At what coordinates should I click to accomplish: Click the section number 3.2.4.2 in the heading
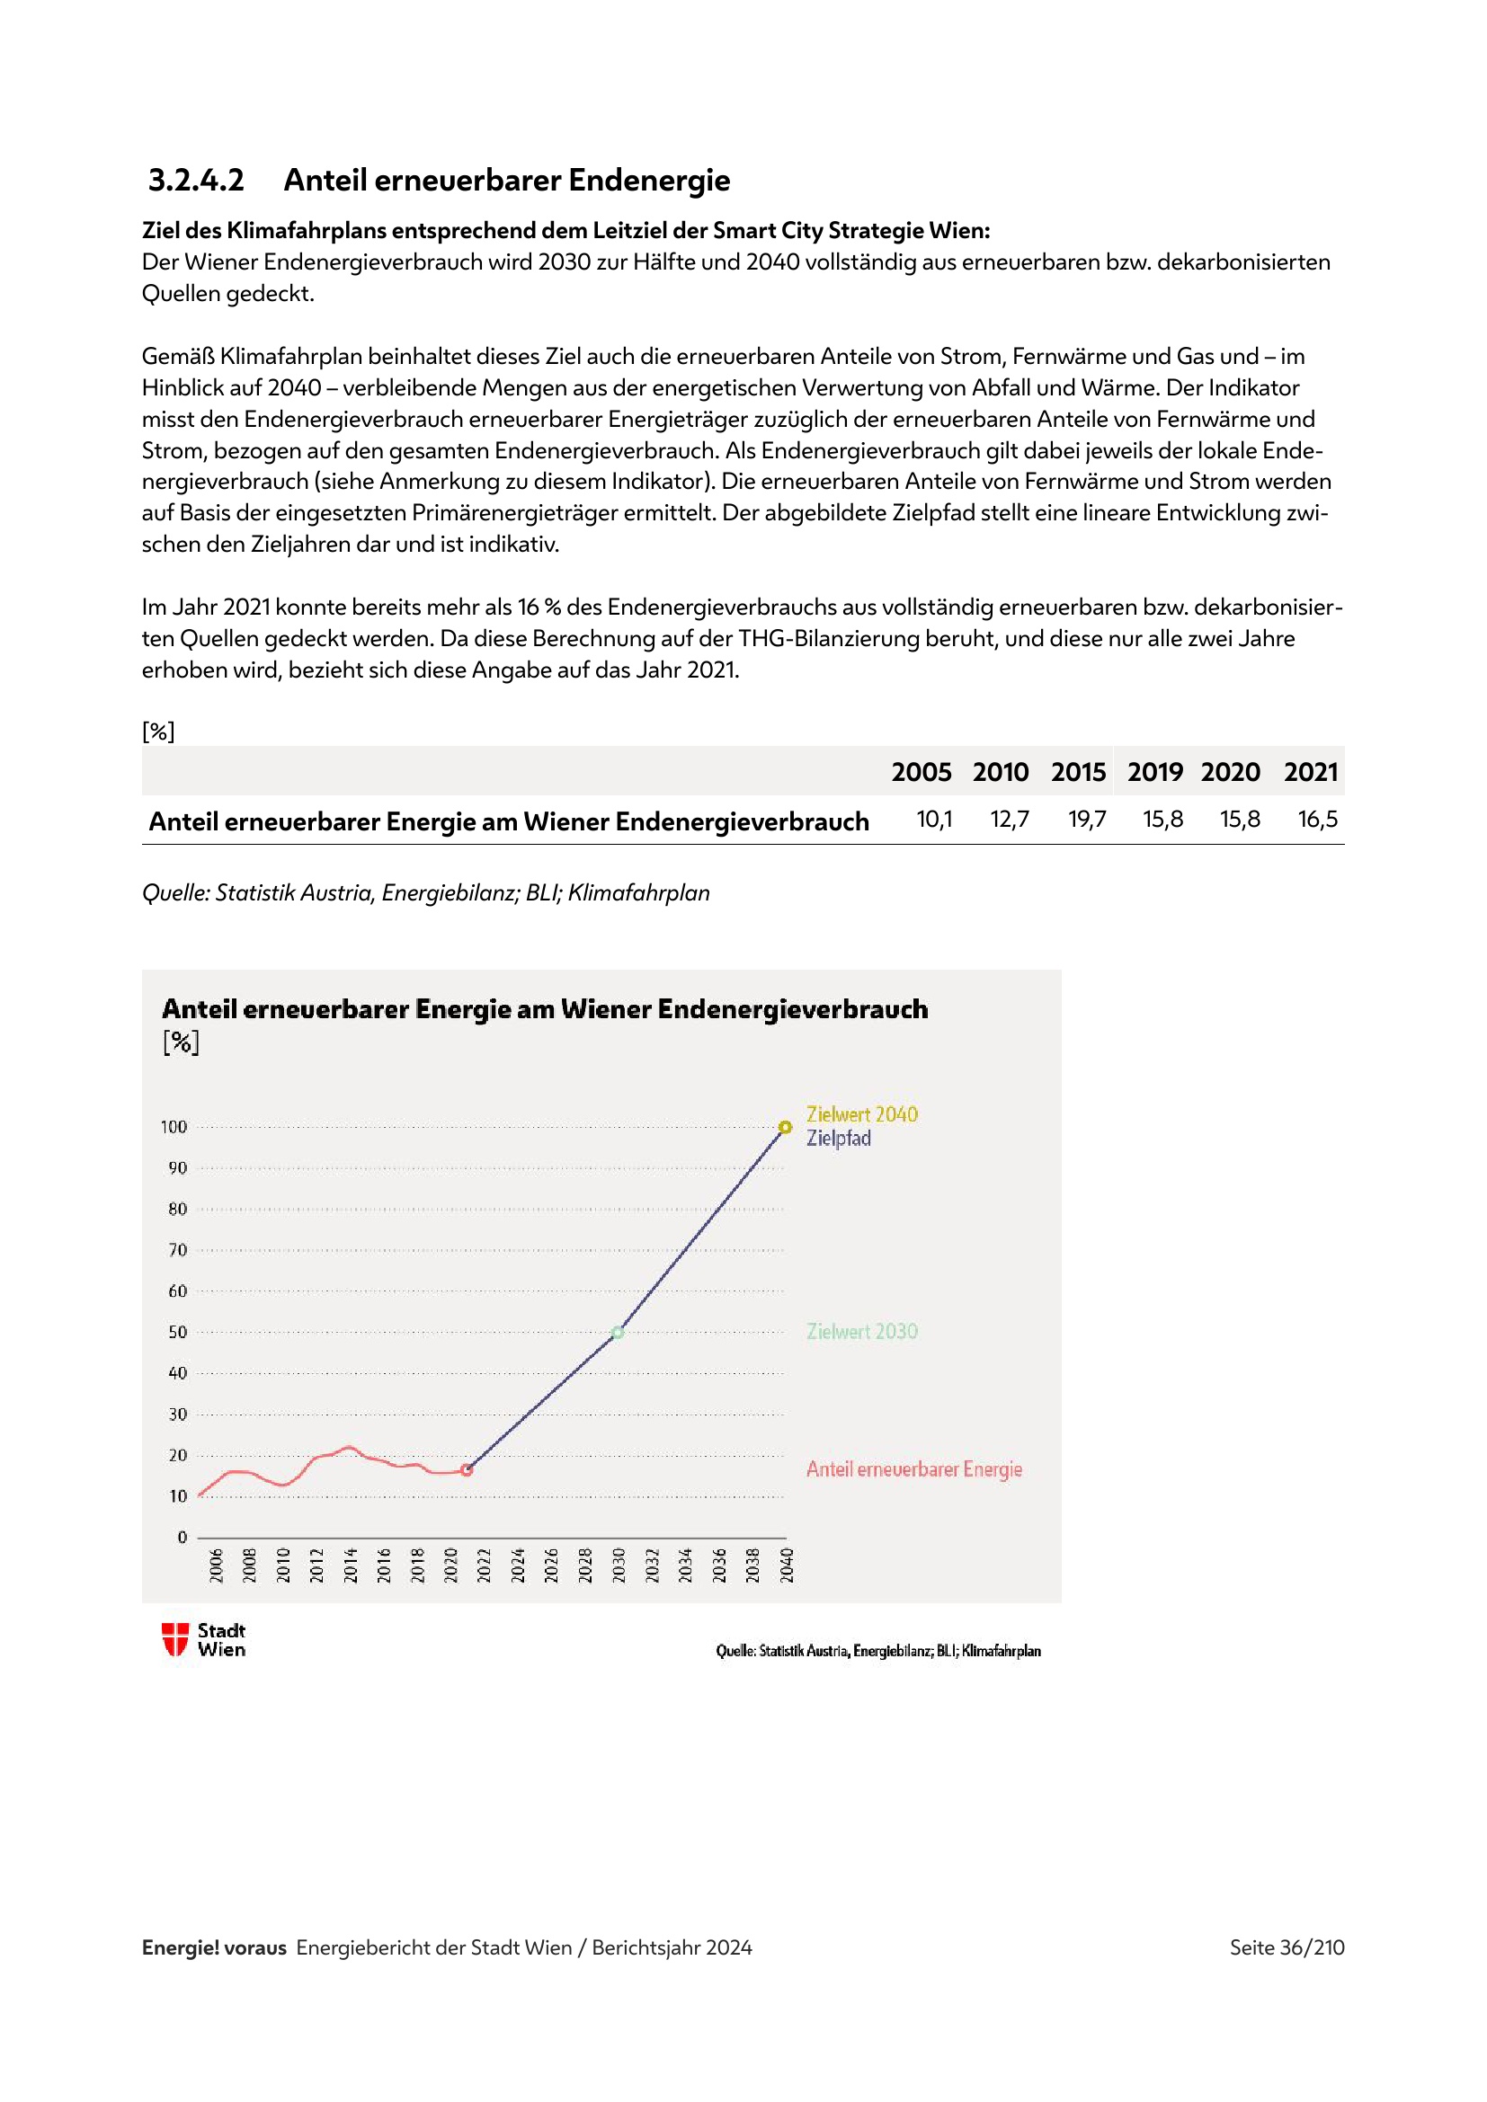coord(196,180)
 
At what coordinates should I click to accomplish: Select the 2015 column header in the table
coord(1078,772)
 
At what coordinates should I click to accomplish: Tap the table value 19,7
coord(1087,819)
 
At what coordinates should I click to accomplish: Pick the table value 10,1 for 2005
coord(934,819)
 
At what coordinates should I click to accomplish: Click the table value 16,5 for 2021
coord(1318,819)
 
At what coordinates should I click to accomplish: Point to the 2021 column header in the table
coord(1310,772)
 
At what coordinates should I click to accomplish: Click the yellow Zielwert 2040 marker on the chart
coord(785,1127)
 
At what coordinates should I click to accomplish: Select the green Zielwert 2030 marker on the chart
coord(618,1332)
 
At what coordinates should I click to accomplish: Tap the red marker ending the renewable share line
coord(467,1469)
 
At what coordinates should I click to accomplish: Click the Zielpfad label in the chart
coord(838,1138)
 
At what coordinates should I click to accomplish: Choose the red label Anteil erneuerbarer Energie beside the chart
coord(913,1468)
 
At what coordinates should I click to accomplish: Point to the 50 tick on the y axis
coord(178,1332)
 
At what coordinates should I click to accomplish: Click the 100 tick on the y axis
coord(174,1127)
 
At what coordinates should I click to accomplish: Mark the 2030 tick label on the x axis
coord(619,1565)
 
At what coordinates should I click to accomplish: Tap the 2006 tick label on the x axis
coord(216,1565)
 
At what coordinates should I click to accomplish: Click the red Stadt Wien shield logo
coord(175,1639)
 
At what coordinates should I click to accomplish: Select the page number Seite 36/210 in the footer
coord(1287,1947)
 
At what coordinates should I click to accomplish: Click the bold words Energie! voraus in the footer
coord(214,1947)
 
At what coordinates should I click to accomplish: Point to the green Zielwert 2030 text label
coord(861,1331)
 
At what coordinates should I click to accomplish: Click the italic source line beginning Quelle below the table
coord(426,892)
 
